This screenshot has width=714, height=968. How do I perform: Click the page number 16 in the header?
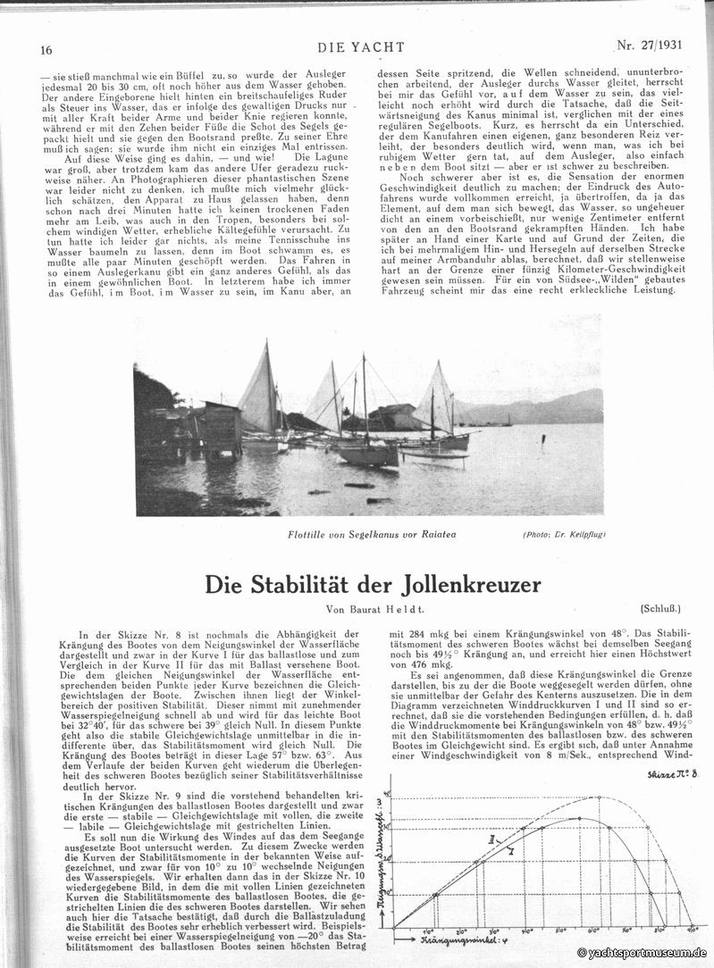pos(46,51)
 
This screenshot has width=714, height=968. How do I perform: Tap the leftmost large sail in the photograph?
pos(259,393)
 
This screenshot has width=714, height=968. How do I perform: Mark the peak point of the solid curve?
pos(581,818)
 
